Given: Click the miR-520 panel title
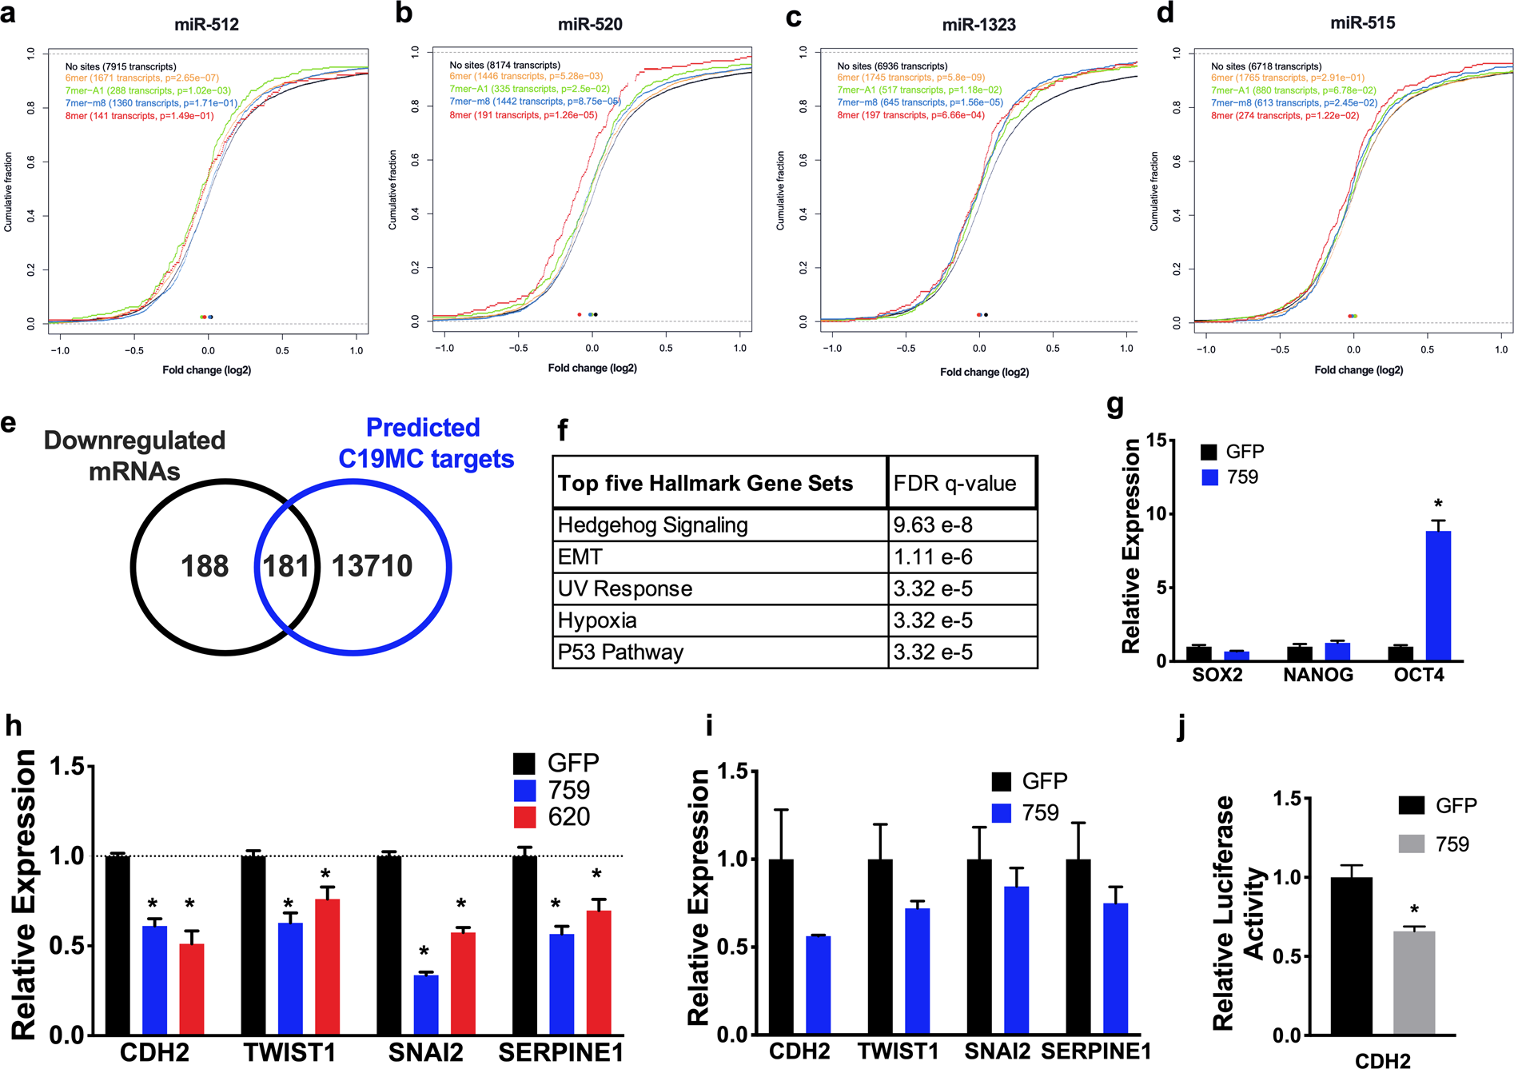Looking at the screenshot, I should [590, 25].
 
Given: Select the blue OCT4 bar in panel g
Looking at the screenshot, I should [1437, 596].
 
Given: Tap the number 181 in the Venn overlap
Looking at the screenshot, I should [286, 566].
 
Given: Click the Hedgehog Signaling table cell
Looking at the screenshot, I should [652, 525].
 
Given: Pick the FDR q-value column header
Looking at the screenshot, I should [954, 483].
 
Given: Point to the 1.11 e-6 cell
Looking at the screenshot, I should [933, 557].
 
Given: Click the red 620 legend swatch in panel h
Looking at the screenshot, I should [524, 817].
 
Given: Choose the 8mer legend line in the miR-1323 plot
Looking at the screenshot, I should [910, 115].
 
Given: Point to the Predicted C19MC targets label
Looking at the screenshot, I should [425, 443].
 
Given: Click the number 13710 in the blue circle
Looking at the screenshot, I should [372, 566].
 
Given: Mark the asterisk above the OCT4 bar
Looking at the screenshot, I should [1438, 505].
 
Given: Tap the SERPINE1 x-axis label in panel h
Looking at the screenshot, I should [560, 1052].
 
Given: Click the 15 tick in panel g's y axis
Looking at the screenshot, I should [1156, 441].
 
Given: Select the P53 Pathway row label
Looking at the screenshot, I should [620, 652].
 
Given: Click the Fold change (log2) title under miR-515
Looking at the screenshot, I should [1358, 370].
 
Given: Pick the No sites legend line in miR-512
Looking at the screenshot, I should [121, 66].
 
